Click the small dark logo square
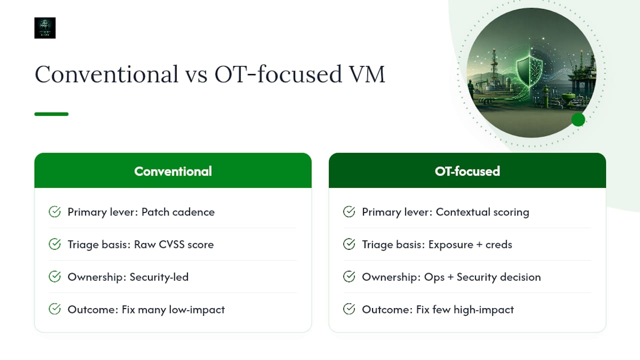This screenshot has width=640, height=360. pos(45,28)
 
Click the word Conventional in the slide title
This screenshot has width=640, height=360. pos(106,74)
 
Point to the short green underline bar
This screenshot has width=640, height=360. pos(51,114)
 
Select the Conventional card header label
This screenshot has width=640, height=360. pos(173,171)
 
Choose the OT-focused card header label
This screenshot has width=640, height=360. pos(467,171)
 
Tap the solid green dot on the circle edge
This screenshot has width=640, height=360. pos(578,119)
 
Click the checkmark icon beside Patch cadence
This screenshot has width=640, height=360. pos(54,212)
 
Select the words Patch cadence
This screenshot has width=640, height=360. pos(178,212)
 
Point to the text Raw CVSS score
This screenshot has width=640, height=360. pos(173,244)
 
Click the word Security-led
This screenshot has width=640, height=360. pos(159,277)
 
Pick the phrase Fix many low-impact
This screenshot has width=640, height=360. pos(173,309)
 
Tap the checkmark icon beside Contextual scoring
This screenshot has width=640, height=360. pos(349,212)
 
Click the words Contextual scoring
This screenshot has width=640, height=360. pos(482,212)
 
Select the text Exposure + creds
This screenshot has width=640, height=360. pos(470,244)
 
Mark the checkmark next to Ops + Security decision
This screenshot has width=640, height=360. pos(349,277)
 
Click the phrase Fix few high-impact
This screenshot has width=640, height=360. pos(465,309)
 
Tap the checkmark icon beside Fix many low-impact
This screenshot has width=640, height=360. pos(54,309)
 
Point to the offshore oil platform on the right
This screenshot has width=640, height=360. pos(580,77)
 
